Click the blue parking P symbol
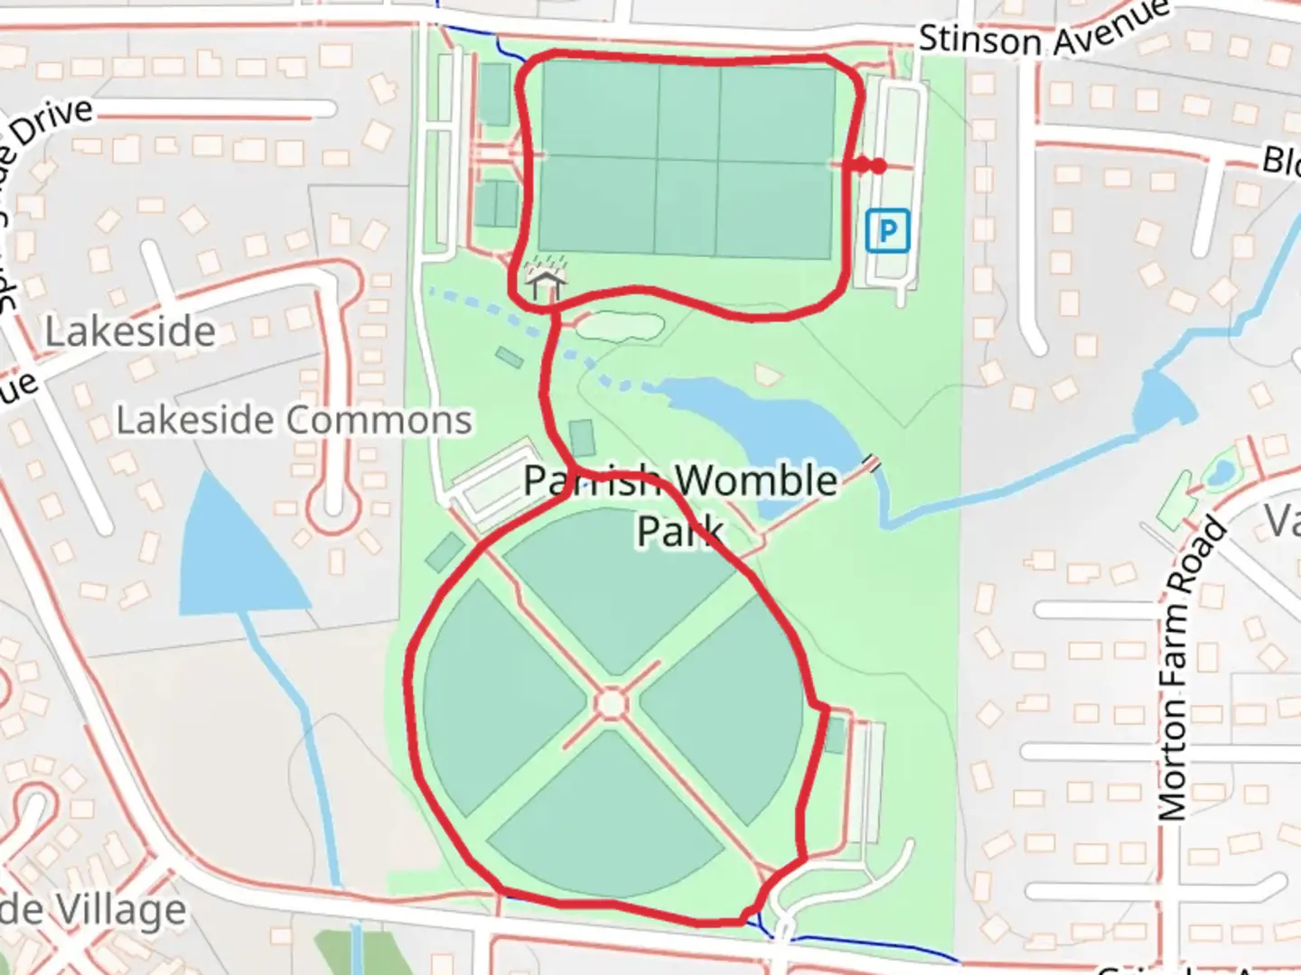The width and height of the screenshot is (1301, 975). (886, 231)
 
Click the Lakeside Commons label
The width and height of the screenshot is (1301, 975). (295, 421)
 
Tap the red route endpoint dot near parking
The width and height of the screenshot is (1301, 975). (877, 166)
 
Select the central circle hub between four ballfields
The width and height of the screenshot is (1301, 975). (612, 703)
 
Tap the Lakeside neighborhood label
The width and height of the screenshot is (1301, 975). (130, 332)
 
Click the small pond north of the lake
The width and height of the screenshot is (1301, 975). (619, 325)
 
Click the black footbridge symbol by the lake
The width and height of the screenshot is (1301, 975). (871, 462)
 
